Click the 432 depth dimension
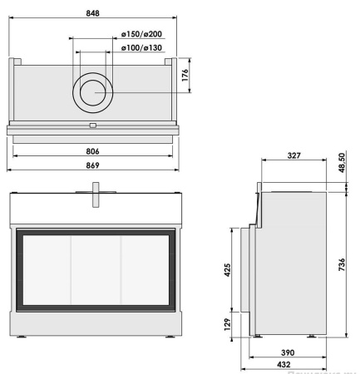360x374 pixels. point(289,366)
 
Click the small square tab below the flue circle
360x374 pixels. point(92,126)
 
